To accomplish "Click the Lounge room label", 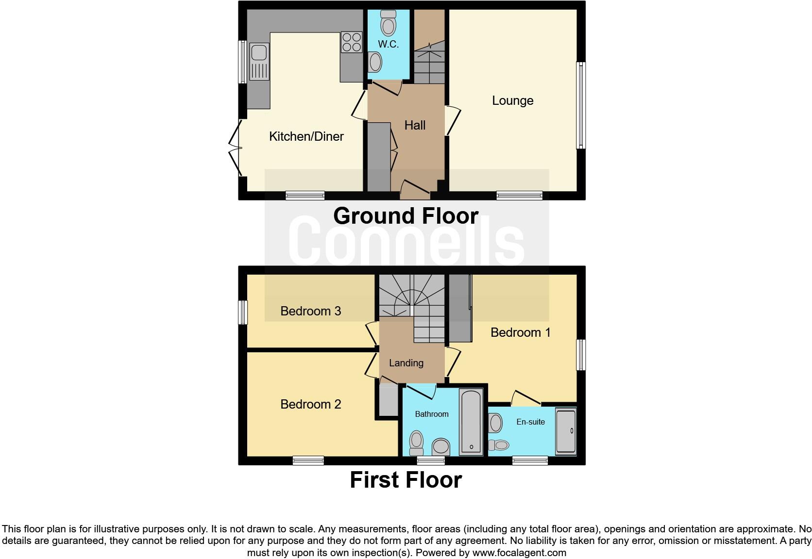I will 512,100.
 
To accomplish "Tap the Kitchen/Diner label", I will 306,136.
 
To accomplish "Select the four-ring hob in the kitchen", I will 351,41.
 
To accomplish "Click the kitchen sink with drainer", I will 259,62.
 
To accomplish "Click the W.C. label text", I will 388,44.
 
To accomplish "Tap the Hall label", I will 415,125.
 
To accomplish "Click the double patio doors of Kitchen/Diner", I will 236,148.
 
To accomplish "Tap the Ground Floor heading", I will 406,216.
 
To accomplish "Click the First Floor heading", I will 406,480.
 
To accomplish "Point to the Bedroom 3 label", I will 310,311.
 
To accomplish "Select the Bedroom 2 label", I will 310,404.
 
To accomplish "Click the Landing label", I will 406,363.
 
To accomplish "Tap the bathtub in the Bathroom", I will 471,422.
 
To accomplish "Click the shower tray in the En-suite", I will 565,431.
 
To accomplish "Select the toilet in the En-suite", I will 498,444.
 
